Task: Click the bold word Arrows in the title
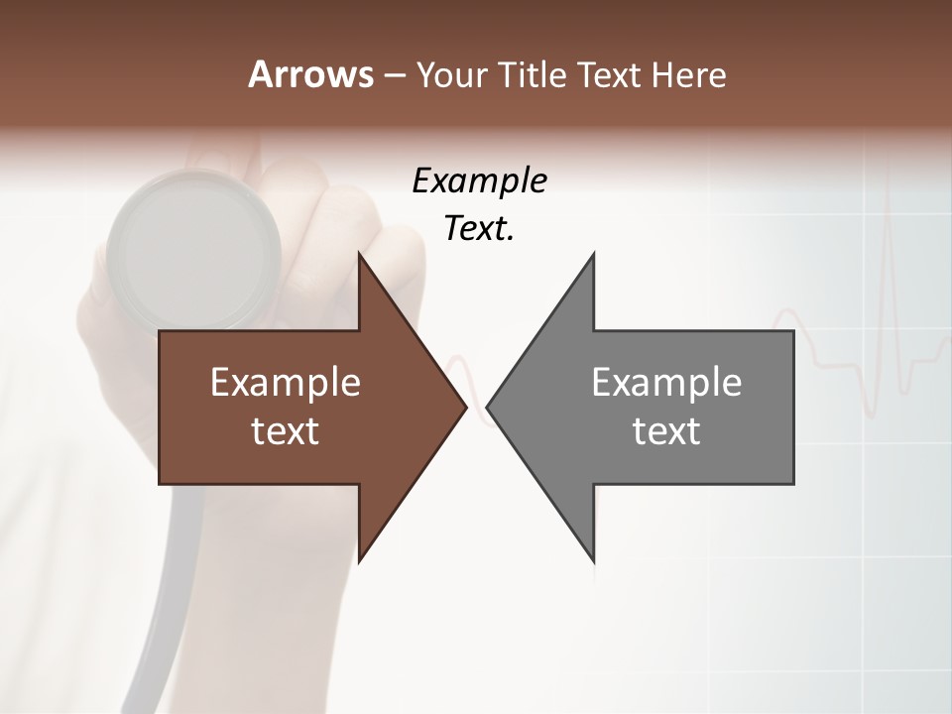click(310, 74)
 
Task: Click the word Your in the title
click(451, 74)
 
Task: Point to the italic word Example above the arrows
click(479, 181)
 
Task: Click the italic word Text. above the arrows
click(479, 229)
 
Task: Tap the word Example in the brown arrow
click(285, 382)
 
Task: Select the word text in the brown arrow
click(285, 430)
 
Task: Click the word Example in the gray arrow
click(666, 382)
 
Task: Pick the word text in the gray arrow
click(666, 430)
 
